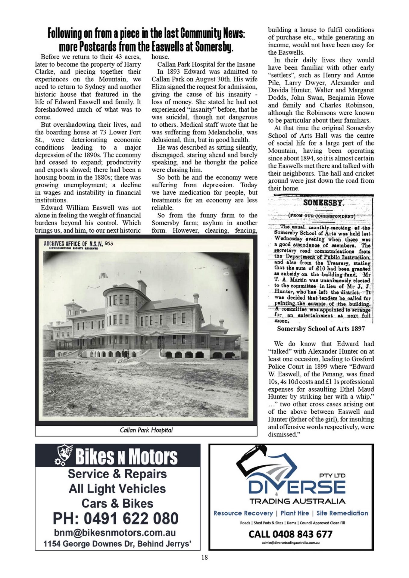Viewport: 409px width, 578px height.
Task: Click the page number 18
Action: pos(204,557)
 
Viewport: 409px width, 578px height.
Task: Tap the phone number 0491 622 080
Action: pos(116,518)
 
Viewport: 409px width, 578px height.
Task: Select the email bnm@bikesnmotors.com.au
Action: pos(115,532)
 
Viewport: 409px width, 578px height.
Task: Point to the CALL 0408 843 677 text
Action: pos(290,534)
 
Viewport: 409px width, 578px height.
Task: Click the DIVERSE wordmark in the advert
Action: pos(297,487)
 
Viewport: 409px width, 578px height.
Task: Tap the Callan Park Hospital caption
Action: pos(146,430)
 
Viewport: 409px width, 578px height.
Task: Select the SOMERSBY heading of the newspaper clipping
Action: pos(323,203)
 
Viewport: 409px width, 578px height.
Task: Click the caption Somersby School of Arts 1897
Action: pos(321,328)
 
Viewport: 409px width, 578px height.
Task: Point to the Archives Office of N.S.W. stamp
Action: pos(78,244)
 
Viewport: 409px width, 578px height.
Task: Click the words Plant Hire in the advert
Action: pos(295,513)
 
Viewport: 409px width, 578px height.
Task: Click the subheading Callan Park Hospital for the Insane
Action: pos(206,64)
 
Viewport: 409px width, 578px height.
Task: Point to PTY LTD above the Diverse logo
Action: pos(332,475)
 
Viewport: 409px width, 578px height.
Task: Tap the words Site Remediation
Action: pos(342,513)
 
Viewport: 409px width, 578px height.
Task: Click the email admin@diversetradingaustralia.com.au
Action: pos(291,542)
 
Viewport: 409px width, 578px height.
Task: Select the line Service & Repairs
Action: pos(117,474)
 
